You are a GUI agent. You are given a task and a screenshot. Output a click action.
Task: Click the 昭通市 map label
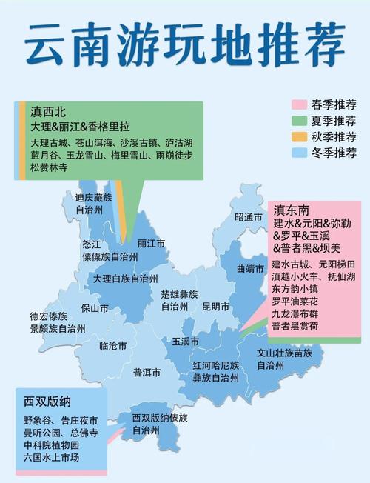249,217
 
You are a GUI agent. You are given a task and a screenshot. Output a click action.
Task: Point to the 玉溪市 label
186,342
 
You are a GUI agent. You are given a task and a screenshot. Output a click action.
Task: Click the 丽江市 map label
151,243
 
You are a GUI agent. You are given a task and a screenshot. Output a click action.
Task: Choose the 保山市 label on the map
95,307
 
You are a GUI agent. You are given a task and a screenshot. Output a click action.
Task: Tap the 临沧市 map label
112,346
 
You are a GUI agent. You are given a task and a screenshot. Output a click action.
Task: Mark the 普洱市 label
147,373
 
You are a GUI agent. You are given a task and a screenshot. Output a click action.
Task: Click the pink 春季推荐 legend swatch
300,104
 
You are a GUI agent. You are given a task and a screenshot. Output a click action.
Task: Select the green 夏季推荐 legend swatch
300,121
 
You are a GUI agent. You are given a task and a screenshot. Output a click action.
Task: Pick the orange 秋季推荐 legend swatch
300,137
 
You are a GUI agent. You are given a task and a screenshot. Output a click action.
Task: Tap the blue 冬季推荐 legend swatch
300,153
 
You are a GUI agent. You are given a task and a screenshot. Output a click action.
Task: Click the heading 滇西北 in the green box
48,113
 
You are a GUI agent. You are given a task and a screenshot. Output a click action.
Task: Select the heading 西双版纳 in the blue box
47,402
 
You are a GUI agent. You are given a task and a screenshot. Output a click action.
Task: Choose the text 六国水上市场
51,458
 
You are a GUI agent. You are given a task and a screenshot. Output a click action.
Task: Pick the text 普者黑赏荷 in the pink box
296,326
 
